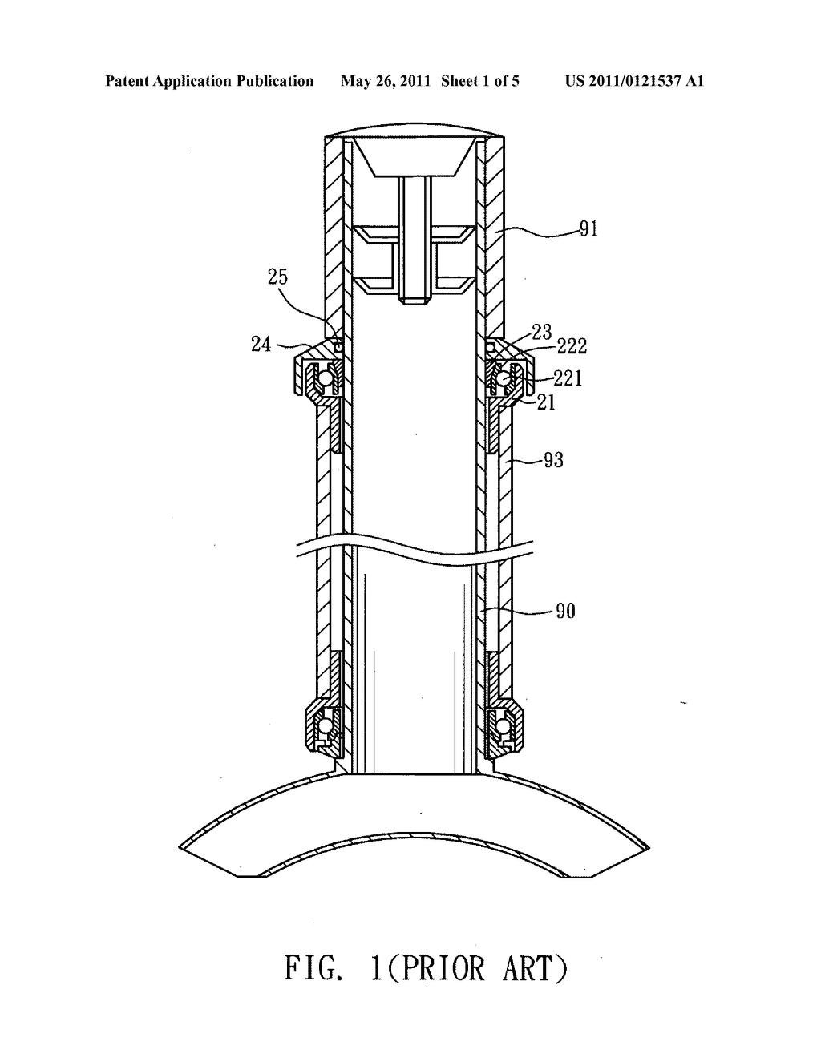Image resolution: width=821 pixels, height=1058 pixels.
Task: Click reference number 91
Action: (588, 228)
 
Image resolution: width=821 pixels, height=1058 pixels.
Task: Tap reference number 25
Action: (277, 277)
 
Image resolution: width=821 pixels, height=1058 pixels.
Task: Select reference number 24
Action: (261, 344)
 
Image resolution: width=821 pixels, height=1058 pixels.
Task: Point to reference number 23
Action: (541, 332)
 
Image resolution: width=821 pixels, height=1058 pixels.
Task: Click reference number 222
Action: (572, 346)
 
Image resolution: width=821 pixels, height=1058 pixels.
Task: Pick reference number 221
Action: (568, 378)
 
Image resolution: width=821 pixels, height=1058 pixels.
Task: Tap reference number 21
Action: (546, 402)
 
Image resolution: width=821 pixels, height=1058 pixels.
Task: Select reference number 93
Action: (553, 459)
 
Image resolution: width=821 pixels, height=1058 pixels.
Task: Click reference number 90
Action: (565, 611)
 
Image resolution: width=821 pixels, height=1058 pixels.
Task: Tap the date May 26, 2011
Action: (386, 81)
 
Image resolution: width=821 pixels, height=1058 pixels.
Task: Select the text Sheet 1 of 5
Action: (480, 81)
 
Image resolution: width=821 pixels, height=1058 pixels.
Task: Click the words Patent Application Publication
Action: (209, 81)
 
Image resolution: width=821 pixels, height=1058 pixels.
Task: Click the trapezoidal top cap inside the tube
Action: (413, 157)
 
